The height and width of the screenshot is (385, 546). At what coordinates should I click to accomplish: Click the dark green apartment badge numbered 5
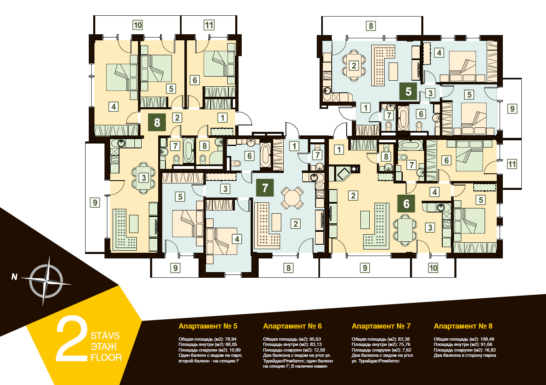(x=408, y=92)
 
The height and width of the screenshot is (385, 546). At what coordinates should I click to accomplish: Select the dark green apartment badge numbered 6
(x=406, y=204)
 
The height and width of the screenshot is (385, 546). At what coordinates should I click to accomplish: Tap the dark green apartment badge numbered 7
(x=265, y=188)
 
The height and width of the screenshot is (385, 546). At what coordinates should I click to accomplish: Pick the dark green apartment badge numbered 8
(x=157, y=122)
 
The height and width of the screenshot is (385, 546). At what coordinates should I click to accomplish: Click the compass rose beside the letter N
(x=46, y=281)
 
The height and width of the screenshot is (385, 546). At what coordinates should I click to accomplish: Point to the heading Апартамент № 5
(x=208, y=326)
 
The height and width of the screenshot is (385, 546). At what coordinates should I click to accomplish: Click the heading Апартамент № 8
(x=463, y=326)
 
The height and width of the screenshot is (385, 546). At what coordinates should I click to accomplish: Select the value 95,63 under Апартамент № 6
(x=316, y=339)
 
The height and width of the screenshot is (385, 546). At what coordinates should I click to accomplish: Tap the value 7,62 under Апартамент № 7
(x=406, y=350)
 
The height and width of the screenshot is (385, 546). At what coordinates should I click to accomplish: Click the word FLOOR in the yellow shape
(x=106, y=358)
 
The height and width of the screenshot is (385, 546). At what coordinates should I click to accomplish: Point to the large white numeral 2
(x=72, y=338)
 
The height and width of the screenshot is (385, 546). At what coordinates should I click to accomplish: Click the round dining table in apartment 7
(x=292, y=198)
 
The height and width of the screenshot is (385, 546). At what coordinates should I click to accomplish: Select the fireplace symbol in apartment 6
(x=344, y=173)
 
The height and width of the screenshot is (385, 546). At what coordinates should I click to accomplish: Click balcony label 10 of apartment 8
(x=138, y=25)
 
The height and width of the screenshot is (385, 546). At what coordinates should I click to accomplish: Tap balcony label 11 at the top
(x=209, y=25)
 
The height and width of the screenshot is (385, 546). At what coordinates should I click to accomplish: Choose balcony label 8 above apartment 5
(x=371, y=26)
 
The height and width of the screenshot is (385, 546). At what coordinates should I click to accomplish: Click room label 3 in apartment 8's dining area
(x=144, y=178)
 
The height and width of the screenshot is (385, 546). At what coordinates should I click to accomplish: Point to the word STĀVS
(x=105, y=335)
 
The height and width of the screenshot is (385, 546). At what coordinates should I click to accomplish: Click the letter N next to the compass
(x=15, y=277)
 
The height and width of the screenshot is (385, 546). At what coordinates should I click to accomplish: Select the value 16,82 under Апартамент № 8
(x=490, y=350)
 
